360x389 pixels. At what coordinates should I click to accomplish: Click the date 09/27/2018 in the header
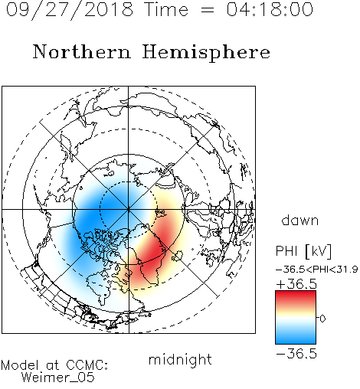pos(70,10)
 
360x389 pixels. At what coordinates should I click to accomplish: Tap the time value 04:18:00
pos(270,9)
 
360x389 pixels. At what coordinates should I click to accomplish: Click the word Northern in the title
pos(82,51)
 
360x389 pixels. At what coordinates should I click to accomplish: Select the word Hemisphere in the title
pos(206,53)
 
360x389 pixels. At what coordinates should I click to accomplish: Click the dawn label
pos(300,221)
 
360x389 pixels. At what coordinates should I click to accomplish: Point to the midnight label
pos(180,360)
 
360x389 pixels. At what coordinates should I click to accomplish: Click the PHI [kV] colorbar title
pos(303,251)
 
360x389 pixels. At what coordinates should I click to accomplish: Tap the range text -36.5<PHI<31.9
pos(317,270)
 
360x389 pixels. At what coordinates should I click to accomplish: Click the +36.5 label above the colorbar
pos(296,284)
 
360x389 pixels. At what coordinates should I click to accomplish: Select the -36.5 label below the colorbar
pos(296,354)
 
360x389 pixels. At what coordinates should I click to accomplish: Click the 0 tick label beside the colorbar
pos(322,319)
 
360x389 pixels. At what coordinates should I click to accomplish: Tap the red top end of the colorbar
pos(296,293)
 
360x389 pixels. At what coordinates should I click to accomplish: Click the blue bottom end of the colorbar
pos(296,341)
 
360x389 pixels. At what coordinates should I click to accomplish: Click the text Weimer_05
pos(57,378)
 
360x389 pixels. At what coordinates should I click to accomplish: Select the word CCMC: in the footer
pos(87,365)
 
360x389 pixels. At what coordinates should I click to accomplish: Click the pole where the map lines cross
pos(129,209)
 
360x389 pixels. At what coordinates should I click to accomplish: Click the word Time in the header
pos(166,9)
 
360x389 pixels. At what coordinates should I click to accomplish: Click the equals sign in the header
pos(208,10)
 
